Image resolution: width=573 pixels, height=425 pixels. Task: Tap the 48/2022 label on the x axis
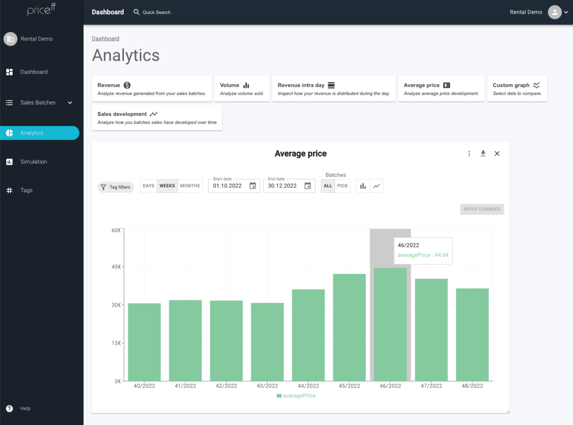472,386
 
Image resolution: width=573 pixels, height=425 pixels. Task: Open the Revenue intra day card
334,89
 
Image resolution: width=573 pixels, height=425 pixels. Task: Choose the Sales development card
157,117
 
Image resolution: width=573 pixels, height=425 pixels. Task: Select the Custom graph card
517,89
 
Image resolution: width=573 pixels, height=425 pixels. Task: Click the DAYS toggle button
149,186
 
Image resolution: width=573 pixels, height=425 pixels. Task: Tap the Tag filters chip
116,187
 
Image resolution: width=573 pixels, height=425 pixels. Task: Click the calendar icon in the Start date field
253,186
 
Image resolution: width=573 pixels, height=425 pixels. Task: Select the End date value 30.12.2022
282,186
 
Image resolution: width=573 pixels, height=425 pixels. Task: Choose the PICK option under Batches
342,186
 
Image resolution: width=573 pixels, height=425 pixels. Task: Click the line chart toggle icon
377,186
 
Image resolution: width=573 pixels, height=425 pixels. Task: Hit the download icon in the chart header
483,153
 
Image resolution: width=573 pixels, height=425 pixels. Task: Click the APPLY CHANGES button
482,209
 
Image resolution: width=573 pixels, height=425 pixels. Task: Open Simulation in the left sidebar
33,162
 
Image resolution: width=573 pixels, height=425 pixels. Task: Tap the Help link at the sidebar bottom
25,408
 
